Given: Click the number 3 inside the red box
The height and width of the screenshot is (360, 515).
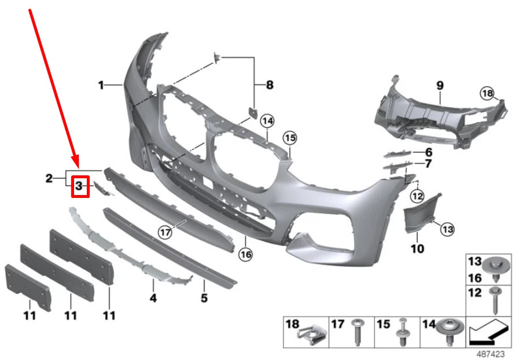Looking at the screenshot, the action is pos(79,186).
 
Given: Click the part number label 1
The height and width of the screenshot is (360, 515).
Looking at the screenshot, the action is pos(101,86).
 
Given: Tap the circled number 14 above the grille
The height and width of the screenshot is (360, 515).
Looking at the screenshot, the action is pos(267,121).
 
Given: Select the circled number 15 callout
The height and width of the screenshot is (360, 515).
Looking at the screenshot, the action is pos(290,138).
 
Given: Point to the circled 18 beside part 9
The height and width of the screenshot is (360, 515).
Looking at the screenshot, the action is pos(487,94).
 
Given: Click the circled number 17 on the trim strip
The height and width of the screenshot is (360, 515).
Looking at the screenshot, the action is pos(165,232).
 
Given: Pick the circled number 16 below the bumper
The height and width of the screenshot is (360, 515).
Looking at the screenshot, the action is pos(246,254).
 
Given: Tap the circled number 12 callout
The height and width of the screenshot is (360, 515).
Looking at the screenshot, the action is pos(417,196).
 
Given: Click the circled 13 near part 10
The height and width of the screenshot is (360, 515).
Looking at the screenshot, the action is pos(448,229).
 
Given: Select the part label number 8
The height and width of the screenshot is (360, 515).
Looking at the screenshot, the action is pos(270,85).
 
